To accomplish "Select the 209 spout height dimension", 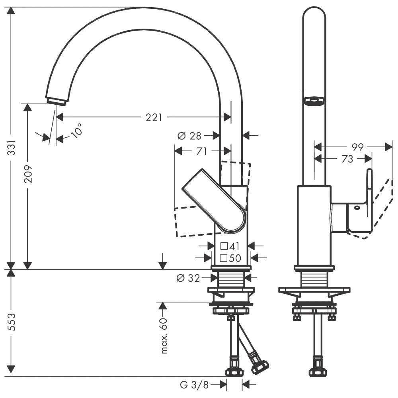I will coord(28,174).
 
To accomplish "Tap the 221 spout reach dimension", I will coord(154,117).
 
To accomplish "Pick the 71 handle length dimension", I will coord(202,151).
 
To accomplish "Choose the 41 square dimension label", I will coord(230,246).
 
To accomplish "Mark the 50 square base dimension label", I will coord(231,258).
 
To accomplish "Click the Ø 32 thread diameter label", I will coord(188,278).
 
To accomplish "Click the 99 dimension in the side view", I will coord(357,147).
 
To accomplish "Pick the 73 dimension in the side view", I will coord(347,159).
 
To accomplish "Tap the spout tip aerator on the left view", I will coord(56,101).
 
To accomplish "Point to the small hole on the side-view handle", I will coord(357,207).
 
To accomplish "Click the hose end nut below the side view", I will coord(318,373).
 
